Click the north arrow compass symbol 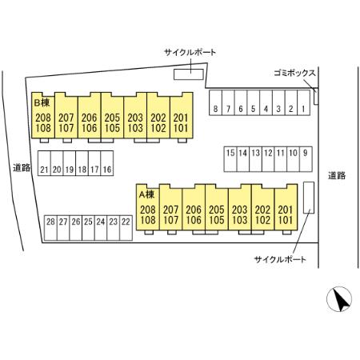[339, 299]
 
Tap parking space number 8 [215, 102]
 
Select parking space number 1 [303, 102]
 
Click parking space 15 [230, 159]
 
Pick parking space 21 [44, 163]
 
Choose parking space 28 [50, 228]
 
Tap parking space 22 [126, 228]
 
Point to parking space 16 [107, 163]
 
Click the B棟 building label [42, 102]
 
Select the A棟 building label [146, 194]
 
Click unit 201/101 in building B [182, 115]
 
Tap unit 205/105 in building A [217, 207]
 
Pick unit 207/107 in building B [66, 115]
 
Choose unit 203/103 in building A [240, 207]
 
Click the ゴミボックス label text [294, 73]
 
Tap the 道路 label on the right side [337, 175]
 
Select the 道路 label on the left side [22, 167]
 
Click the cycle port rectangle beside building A [309, 198]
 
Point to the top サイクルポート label [190, 52]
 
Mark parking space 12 [268, 159]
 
